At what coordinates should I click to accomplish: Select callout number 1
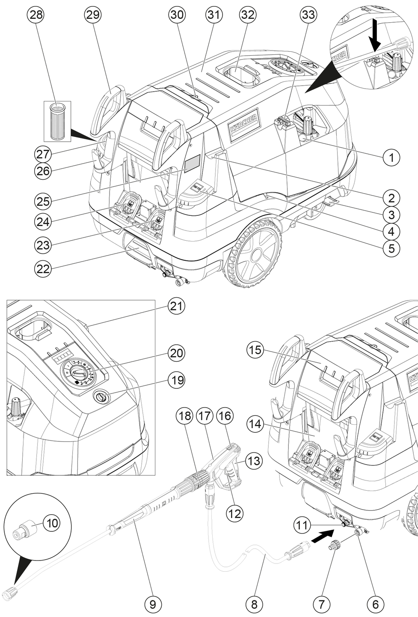391,158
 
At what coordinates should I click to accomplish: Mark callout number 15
256,351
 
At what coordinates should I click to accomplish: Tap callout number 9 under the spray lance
153,605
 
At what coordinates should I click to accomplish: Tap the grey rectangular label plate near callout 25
192,164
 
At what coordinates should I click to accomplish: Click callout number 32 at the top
247,15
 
